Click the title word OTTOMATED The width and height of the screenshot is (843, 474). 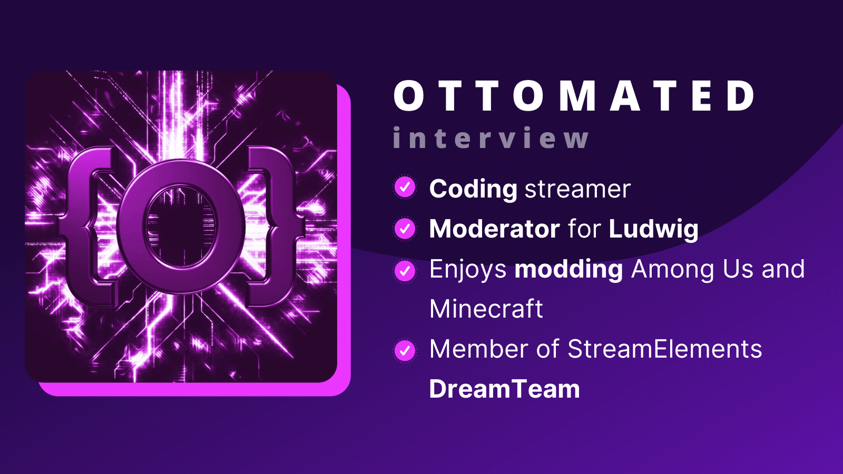click(574, 96)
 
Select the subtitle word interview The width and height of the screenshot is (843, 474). click(491, 139)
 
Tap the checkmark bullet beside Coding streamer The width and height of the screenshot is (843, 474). click(405, 187)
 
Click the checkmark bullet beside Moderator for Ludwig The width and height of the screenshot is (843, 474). click(405, 229)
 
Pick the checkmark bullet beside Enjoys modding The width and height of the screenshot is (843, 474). click(405, 271)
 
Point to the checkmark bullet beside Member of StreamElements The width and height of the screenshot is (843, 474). click(405, 350)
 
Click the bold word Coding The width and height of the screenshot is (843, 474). click(473, 189)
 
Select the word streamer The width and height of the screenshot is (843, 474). click(577, 189)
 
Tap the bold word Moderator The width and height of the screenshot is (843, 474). click(494, 229)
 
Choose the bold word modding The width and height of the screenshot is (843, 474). click(568, 270)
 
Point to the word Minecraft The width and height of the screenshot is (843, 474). click(486, 309)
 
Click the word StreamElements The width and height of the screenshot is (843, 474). click(664, 349)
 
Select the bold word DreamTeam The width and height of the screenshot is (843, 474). click(504, 389)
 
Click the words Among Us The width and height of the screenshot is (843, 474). click(692, 269)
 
